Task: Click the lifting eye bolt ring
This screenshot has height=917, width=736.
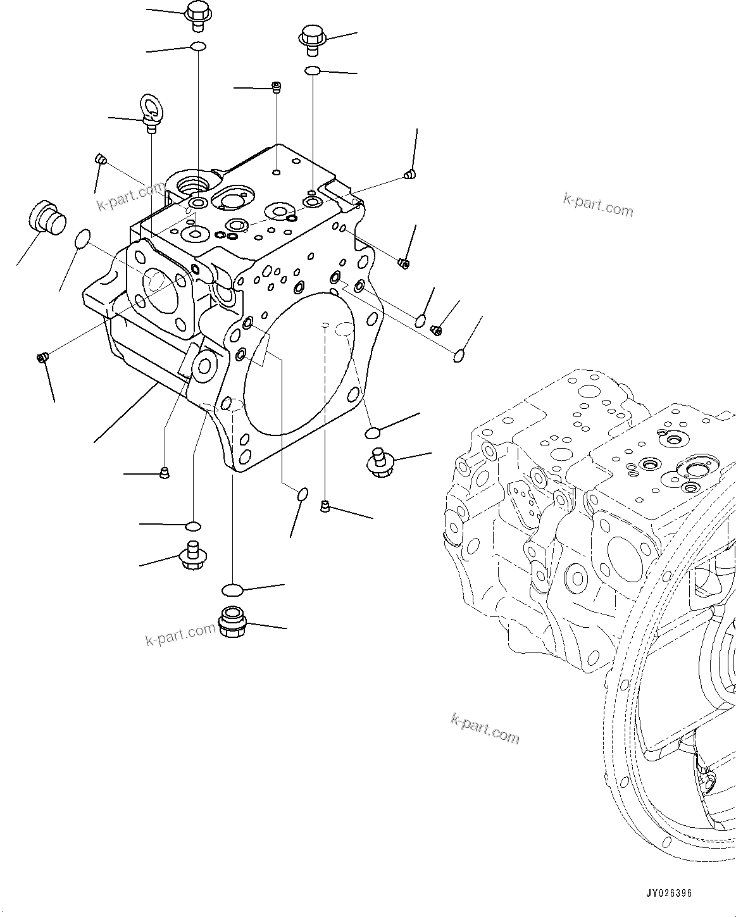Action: (150, 105)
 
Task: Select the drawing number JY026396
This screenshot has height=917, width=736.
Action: (669, 893)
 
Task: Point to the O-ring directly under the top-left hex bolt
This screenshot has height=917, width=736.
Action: (198, 46)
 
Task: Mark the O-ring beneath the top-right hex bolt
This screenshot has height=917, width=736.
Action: (312, 70)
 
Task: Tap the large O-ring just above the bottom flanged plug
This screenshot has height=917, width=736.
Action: (232, 590)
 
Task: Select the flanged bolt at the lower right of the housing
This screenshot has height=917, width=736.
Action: (380, 463)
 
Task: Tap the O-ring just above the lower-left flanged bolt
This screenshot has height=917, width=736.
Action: (193, 526)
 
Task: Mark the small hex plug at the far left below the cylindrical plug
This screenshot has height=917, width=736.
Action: (42, 359)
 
